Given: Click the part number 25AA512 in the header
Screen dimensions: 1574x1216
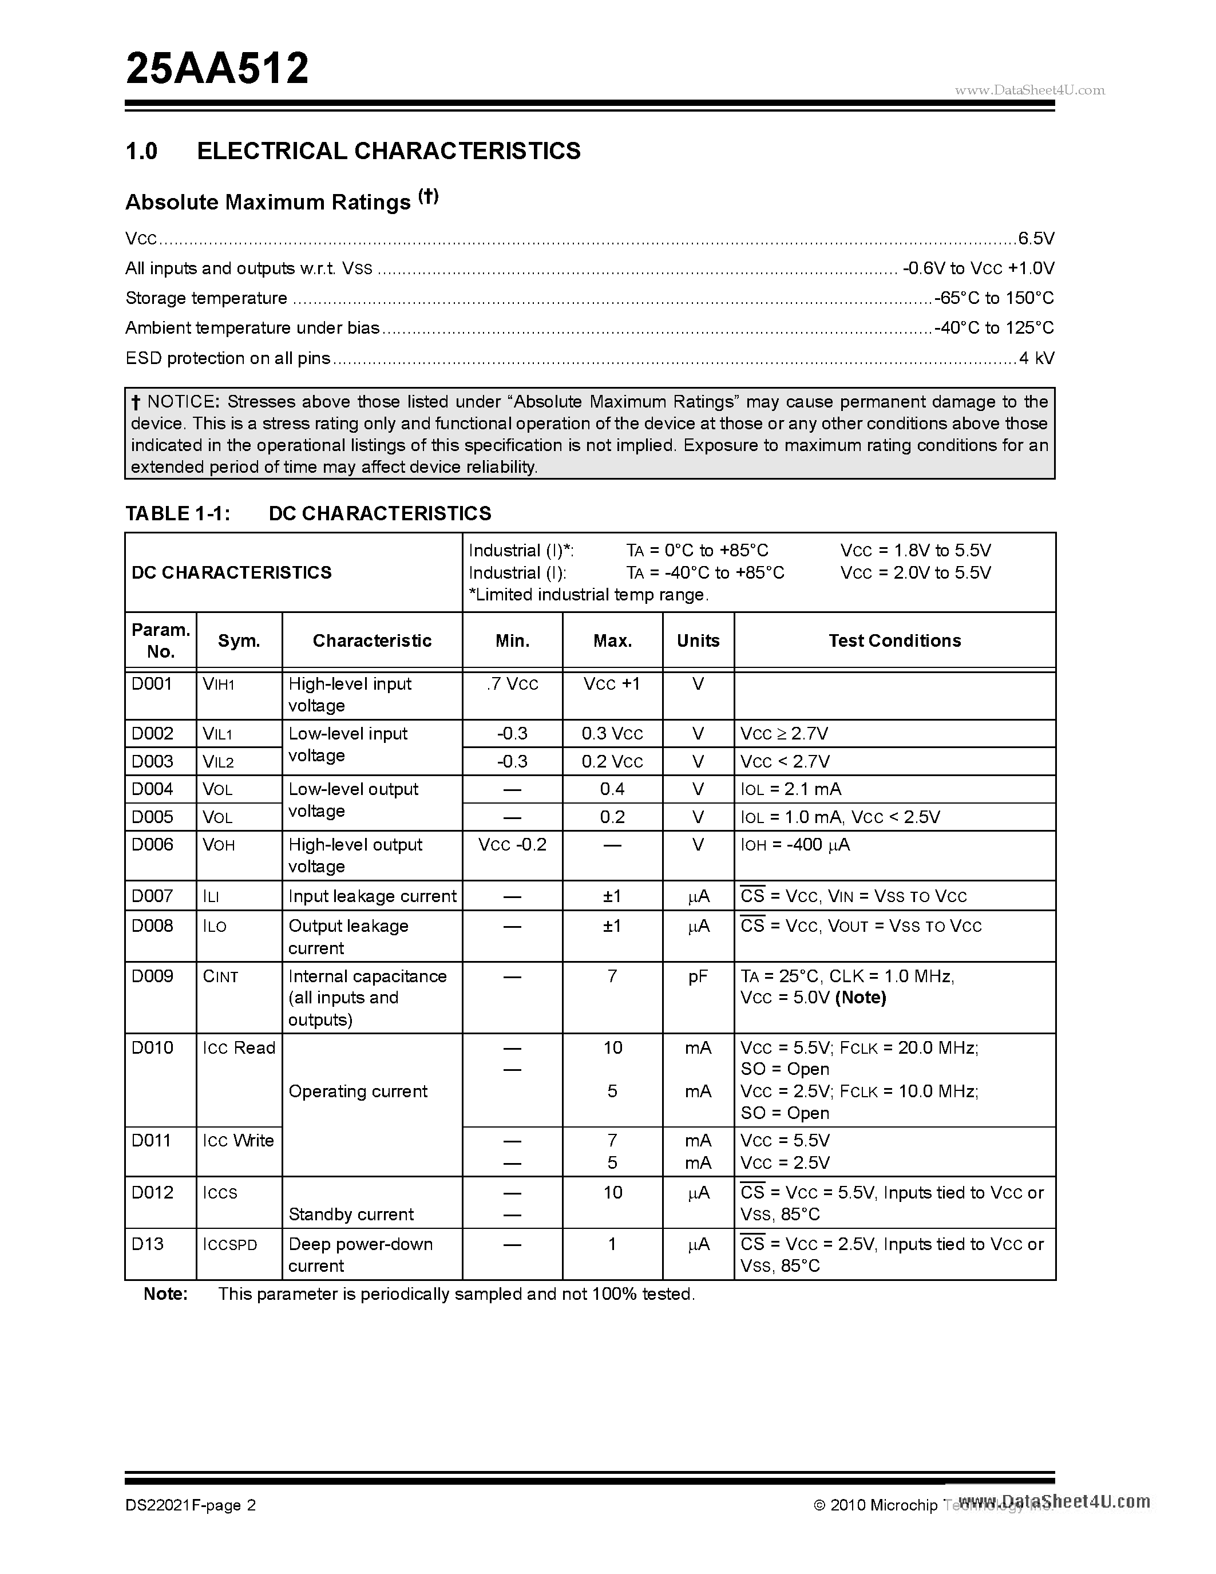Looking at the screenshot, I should pos(217,69).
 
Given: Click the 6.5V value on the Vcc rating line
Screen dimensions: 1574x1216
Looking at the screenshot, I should pos(1036,239).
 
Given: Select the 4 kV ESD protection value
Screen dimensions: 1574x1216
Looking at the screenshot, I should pos(1036,358).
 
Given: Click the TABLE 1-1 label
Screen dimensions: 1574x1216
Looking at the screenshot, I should pos(177,513).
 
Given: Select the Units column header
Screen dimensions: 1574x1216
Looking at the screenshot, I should pos(698,640).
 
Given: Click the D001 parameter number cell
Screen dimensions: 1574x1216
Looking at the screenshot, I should pos(152,684).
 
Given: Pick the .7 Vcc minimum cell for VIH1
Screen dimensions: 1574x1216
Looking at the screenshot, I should pos(512,684).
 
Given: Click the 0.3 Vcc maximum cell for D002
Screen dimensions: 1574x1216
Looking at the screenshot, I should pos(612,734).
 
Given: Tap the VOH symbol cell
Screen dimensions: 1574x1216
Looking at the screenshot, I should pos(219,845).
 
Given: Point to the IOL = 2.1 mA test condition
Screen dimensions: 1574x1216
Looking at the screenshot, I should pos(790,789).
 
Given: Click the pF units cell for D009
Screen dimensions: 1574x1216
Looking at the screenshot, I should pos(698,976).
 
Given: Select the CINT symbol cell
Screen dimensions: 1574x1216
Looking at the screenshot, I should pos(220,976).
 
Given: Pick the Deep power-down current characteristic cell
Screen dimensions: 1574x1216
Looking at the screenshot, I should pos(360,1255).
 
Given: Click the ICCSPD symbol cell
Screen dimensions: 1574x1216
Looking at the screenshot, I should pos(230,1245).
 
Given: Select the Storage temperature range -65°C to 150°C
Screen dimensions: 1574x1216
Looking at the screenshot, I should pos(993,298).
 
